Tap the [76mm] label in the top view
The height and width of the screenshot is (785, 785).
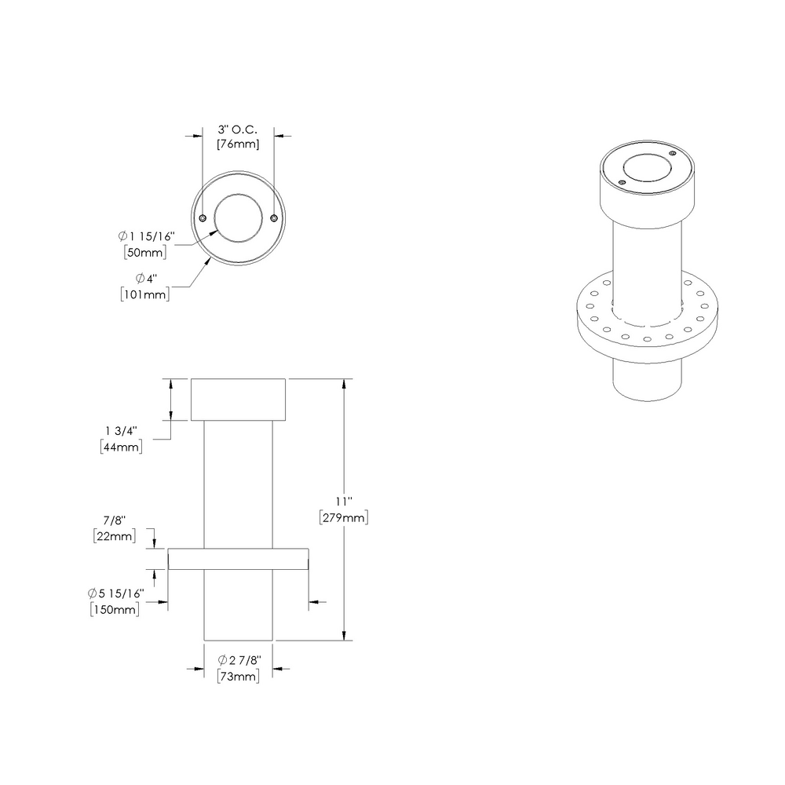pos(238,144)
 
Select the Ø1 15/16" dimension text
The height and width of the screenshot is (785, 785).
pos(145,236)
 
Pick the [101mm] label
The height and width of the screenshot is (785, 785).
pos(145,294)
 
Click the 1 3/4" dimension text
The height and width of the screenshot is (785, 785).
pos(122,431)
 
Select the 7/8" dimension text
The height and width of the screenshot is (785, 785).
pos(114,521)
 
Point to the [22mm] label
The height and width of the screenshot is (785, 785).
pos(114,536)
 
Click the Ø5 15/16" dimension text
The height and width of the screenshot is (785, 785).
pos(115,594)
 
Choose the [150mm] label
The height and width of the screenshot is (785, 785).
pos(115,609)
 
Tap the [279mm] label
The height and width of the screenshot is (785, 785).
pos(343,517)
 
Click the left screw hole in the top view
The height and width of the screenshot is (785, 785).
pos(203,218)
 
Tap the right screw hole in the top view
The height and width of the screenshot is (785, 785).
pos(273,218)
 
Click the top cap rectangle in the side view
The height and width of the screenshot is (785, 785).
pos(239,400)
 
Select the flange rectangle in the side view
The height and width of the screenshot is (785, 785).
pos(239,558)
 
